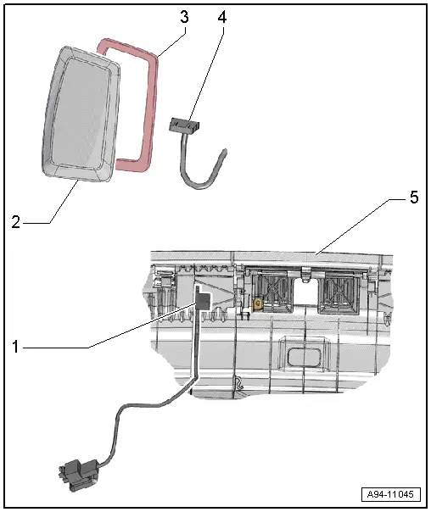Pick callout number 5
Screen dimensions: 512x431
pos(412,199)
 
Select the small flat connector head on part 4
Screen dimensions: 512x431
pos(184,125)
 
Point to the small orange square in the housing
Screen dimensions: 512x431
pos(257,303)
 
